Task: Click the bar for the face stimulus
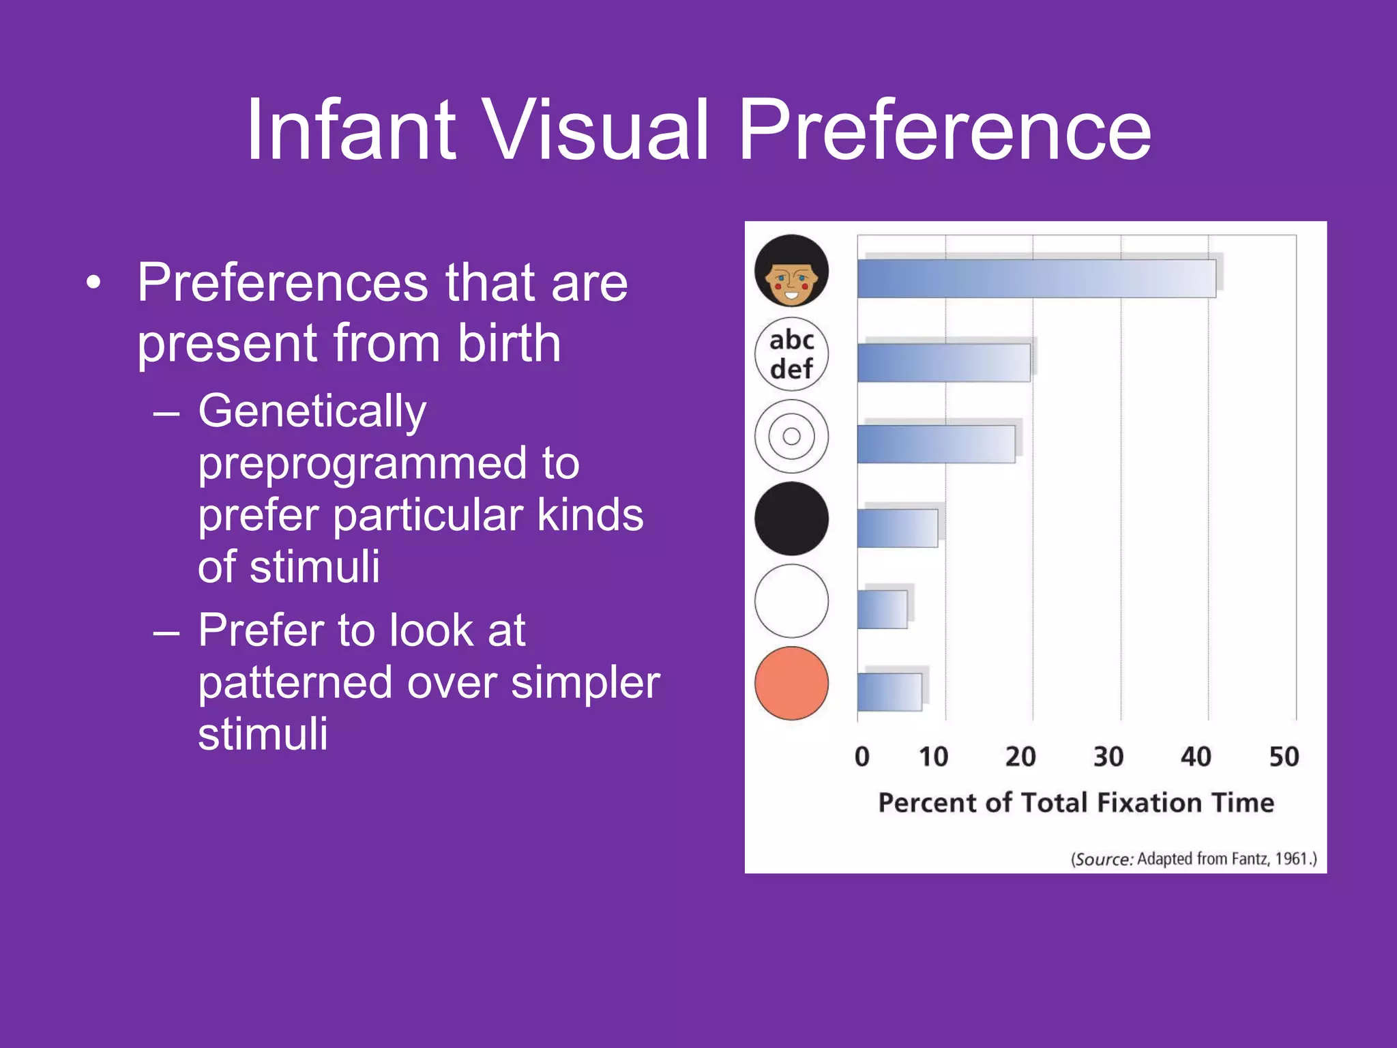[1035, 278]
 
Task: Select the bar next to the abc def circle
[943, 362]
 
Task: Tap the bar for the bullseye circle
[936, 444]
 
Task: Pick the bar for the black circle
[897, 527]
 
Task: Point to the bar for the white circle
[882, 609]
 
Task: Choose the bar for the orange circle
[889, 692]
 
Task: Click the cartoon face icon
[791, 271]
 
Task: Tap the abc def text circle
[791, 354]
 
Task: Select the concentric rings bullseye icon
[791, 437]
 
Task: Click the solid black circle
[791, 519]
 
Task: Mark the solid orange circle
[791, 683]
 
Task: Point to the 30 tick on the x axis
[1108, 757]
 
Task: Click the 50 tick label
[1284, 757]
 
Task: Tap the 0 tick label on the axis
[862, 757]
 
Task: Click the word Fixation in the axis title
[1149, 802]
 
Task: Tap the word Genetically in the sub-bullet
[312, 412]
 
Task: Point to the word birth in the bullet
[509, 343]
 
